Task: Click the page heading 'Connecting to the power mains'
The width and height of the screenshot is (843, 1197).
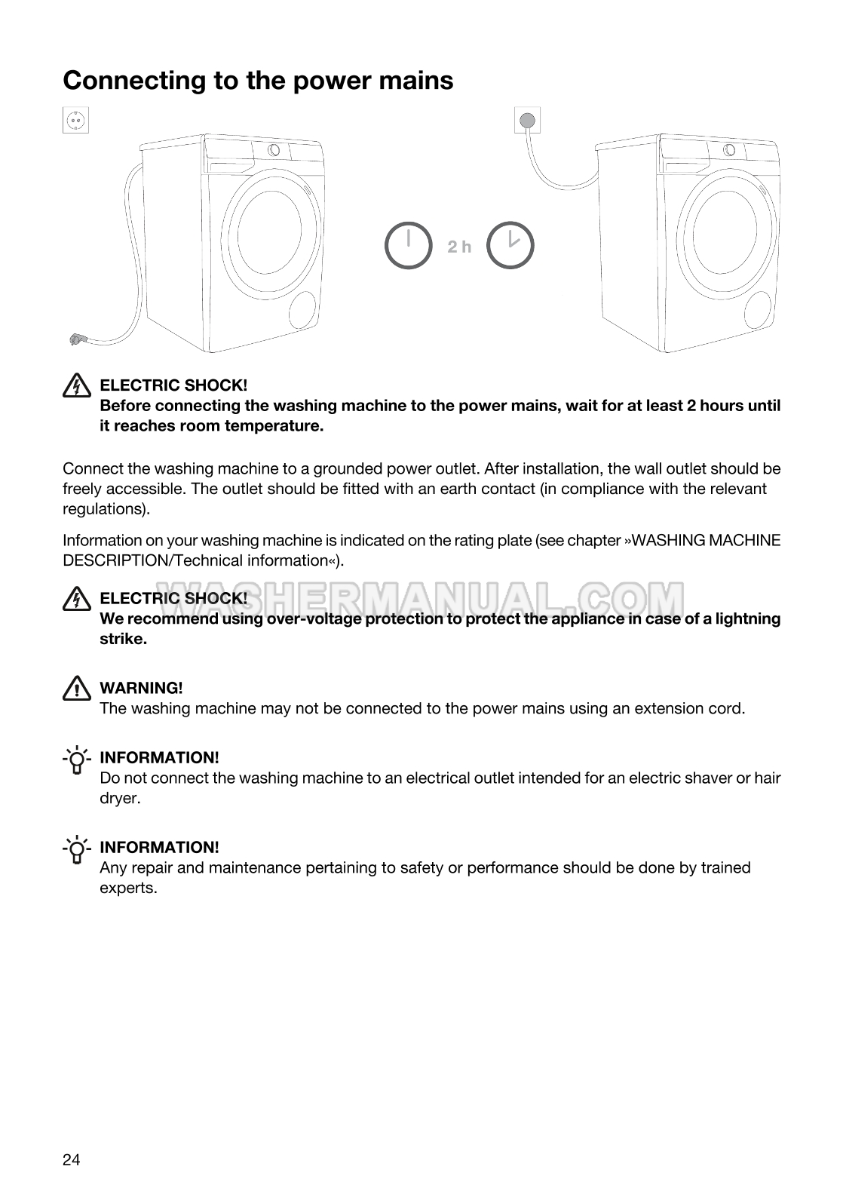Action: (258, 80)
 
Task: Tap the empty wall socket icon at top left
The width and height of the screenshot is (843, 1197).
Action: (75, 120)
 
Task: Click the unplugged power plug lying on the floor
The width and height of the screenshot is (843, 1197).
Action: (76, 339)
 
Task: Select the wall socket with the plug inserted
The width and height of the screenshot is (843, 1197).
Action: (528, 119)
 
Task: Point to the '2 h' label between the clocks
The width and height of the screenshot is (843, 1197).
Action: (459, 247)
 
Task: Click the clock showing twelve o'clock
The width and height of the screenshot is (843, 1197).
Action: (408, 245)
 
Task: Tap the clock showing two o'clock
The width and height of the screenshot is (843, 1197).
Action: (510, 245)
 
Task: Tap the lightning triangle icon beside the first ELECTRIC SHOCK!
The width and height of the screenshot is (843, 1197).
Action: (75, 386)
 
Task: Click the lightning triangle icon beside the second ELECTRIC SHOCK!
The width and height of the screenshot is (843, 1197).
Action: (75, 599)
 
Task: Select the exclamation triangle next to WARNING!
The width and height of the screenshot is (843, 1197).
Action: (75, 688)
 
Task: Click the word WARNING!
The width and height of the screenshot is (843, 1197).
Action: (141, 688)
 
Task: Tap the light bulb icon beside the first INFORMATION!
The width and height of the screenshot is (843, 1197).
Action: (76, 760)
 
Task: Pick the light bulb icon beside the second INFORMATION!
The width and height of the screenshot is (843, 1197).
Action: (76, 850)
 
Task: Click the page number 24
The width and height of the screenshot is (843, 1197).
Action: (71, 1160)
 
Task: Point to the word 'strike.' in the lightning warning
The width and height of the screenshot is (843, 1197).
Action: (123, 639)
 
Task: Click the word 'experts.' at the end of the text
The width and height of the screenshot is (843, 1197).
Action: (128, 888)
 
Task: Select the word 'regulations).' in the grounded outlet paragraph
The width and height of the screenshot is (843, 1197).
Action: (106, 508)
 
